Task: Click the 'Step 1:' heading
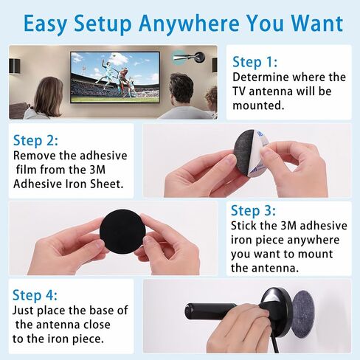click(x=255, y=62)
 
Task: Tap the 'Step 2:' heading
click(x=35, y=140)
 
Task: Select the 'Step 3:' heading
click(x=253, y=210)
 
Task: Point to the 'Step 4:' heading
click(x=35, y=295)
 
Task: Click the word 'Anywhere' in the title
click(x=189, y=24)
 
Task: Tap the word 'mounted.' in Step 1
click(x=258, y=105)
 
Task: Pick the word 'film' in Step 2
click(x=27, y=170)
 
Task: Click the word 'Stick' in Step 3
click(x=243, y=226)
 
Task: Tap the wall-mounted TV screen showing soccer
click(x=115, y=77)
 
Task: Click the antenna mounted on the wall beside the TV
click(x=190, y=58)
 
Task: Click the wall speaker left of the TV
click(x=15, y=66)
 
